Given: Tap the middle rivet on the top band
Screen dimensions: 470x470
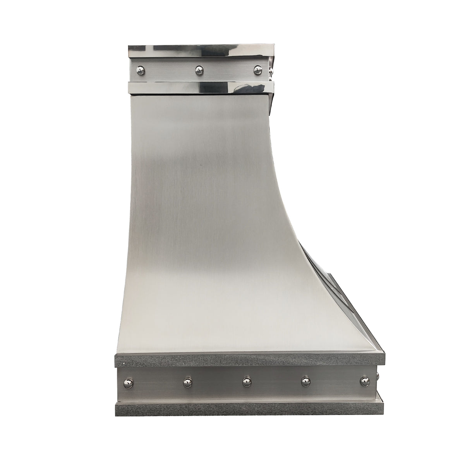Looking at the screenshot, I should point(199,70).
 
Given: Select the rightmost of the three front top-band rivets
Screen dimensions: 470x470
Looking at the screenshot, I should point(257,70).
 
